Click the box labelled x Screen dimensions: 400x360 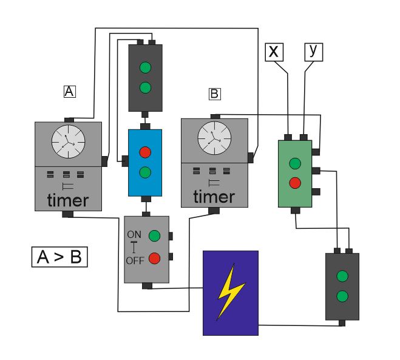(x=274, y=52)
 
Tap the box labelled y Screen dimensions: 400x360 (x=314, y=52)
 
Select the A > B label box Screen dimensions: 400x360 (x=59, y=257)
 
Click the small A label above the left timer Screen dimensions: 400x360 (x=70, y=91)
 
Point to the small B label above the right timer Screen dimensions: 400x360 (x=214, y=93)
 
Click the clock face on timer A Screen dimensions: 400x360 (x=68, y=141)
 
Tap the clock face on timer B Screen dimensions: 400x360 (x=214, y=138)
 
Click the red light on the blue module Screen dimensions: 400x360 (x=145, y=152)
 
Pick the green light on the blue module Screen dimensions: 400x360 (x=145, y=172)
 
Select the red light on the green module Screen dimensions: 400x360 (x=295, y=183)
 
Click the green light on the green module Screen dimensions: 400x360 (x=295, y=163)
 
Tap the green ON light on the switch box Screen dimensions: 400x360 (x=154, y=236)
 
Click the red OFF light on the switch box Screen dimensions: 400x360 (x=154, y=258)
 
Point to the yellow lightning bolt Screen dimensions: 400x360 (x=231, y=291)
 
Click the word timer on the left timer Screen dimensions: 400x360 (x=68, y=200)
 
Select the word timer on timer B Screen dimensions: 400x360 (x=214, y=197)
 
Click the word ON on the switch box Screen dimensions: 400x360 (x=134, y=234)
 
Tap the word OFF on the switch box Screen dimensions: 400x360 (x=135, y=260)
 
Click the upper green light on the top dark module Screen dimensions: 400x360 (x=146, y=67)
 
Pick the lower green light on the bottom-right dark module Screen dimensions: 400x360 (x=342, y=296)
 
